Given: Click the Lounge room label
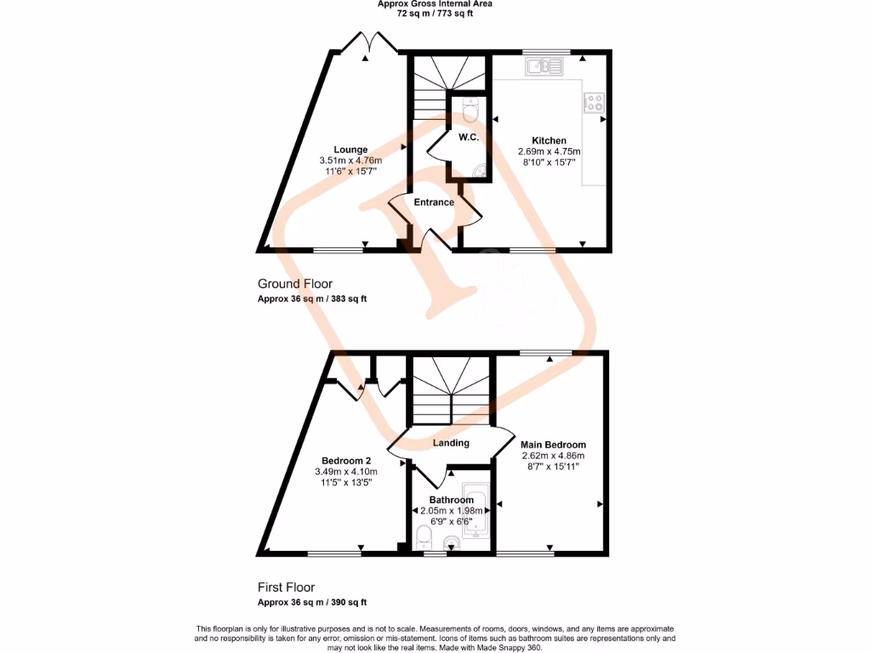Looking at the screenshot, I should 350,150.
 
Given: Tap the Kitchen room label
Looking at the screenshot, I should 549,140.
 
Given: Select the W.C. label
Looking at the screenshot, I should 469,138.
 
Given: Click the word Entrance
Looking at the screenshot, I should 434,202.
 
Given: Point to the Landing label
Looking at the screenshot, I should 451,443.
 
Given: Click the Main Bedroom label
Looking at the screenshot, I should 553,445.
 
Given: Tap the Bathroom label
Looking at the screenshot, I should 451,500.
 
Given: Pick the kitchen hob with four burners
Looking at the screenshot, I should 594,103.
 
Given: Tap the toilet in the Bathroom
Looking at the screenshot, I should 424,535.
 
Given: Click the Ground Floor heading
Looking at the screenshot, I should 295,284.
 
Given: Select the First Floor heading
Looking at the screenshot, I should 286,588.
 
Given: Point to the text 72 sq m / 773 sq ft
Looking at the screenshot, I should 435,14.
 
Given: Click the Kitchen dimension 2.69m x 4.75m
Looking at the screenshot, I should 549,151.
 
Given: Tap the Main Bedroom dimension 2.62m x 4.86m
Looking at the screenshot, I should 553,456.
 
